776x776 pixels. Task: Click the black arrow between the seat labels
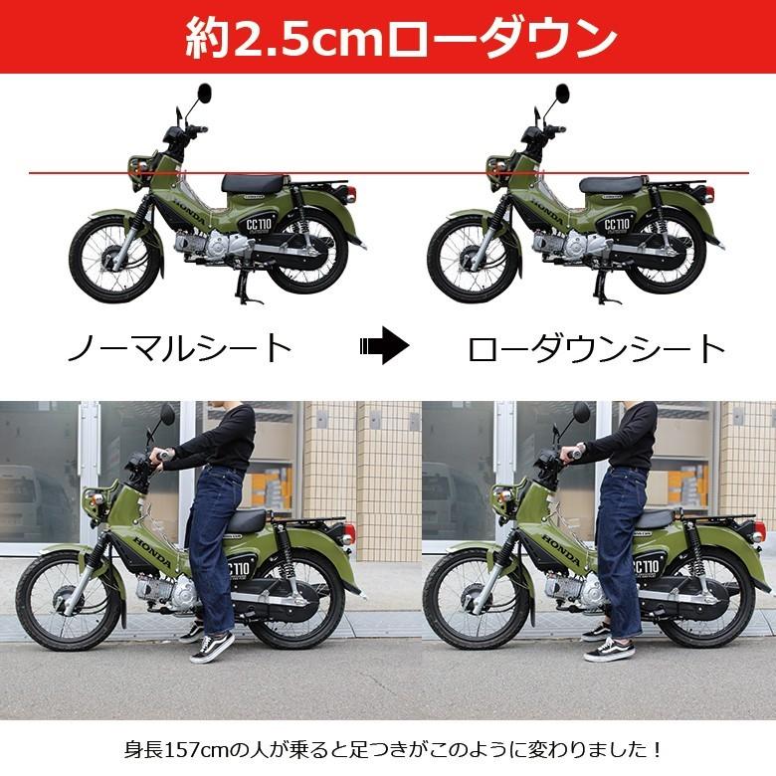point(385,345)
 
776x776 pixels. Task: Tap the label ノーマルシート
point(179,347)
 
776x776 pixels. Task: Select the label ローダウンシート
point(596,348)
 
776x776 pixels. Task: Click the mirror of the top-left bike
point(204,93)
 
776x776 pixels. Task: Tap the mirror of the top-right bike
point(562,93)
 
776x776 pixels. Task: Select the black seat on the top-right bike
point(614,185)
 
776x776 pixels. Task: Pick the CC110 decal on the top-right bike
point(617,225)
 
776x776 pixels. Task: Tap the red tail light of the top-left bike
point(351,193)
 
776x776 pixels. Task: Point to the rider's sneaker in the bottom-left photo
point(213,648)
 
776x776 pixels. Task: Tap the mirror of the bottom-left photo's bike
point(167,413)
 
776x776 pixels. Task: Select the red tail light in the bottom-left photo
point(349,533)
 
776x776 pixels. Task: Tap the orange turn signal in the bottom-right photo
point(500,492)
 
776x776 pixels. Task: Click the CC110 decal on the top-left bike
point(259,225)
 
